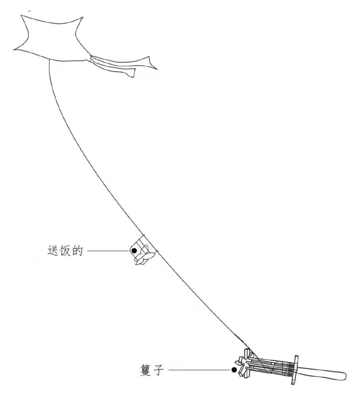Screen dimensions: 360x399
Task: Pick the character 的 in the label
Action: pyautogui.click(x=77, y=250)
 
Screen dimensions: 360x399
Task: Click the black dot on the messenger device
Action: pyautogui.click(x=134, y=250)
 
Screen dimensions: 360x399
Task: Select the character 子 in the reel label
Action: pyautogui.click(x=159, y=370)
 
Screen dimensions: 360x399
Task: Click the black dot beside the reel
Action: pyautogui.click(x=234, y=370)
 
